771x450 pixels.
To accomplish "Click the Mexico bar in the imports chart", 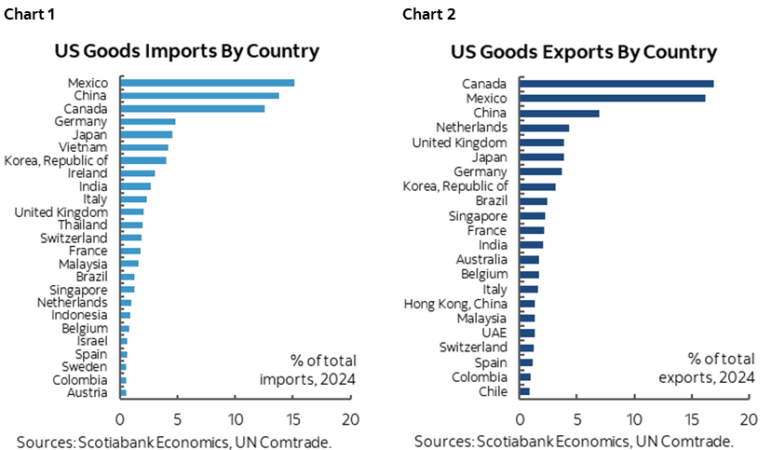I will (207, 83).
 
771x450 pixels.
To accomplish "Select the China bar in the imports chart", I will (199, 96).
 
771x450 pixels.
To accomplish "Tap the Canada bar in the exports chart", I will (616, 84).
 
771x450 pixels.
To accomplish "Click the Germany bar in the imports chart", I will (147, 121).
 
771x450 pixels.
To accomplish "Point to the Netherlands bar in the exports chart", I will (544, 128).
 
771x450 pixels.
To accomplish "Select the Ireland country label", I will (88, 173).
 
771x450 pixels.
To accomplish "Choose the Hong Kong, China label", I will (456, 304).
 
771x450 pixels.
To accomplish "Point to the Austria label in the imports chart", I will (87, 392).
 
